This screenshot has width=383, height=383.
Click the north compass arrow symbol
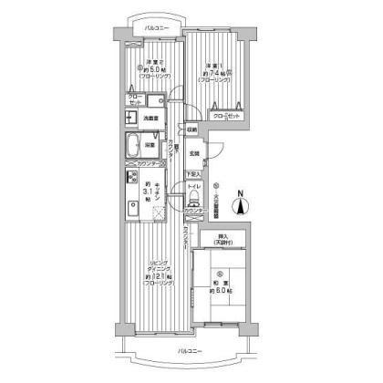[x=240, y=207]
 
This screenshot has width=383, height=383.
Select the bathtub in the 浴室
[x=134, y=144]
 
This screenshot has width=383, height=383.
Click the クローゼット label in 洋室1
[x=228, y=117]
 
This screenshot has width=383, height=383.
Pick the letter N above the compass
[x=240, y=192]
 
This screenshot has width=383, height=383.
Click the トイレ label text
[x=194, y=187]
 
